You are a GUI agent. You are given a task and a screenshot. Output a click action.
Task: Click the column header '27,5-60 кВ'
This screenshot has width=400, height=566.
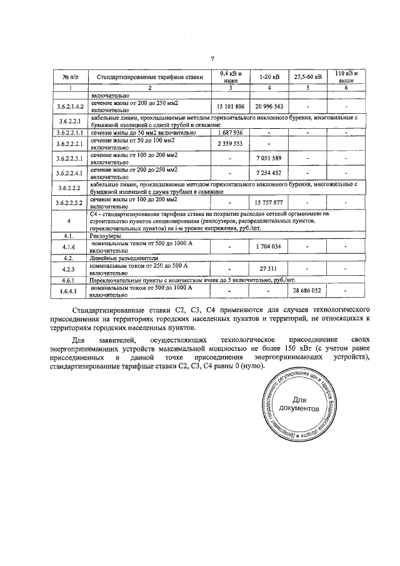point(307,77)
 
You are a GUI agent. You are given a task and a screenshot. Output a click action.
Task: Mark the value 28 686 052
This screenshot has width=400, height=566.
point(307,291)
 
